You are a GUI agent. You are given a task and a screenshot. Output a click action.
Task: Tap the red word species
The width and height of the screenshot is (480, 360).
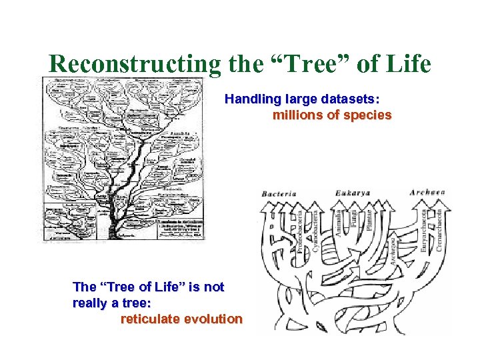(x=367, y=115)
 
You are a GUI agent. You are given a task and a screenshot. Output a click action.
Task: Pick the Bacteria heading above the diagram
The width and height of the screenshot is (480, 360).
(x=279, y=193)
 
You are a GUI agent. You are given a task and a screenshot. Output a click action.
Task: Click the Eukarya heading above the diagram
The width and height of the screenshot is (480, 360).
(x=353, y=193)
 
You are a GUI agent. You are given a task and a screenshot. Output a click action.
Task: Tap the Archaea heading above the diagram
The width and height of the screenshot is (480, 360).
(x=427, y=193)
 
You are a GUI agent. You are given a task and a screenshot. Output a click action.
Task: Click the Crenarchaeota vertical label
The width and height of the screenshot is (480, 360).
(x=439, y=227)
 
